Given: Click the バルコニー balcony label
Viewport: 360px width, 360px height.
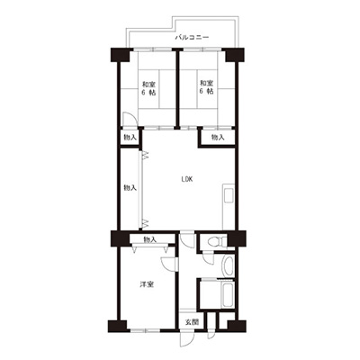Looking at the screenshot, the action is pyautogui.click(x=192, y=38).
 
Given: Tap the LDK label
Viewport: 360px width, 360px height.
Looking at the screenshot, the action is pyautogui.click(x=187, y=179).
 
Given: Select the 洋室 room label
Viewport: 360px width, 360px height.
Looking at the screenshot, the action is pyautogui.click(x=147, y=284).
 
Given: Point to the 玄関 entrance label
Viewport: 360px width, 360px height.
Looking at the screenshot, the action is pyautogui.click(x=192, y=322).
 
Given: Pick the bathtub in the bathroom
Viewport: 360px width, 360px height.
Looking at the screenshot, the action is pyautogui.click(x=228, y=293).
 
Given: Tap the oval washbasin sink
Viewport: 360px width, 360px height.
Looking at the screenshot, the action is pyautogui.click(x=228, y=265).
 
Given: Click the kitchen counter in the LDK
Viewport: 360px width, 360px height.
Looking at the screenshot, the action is pyautogui.click(x=228, y=208).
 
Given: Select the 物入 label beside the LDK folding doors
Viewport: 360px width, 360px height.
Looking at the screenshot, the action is pyautogui.click(x=130, y=188).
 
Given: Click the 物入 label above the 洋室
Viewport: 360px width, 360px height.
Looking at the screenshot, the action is pyautogui.click(x=150, y=239).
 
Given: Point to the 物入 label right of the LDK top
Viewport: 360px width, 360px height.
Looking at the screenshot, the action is pyautogui.click(x=218, y=138).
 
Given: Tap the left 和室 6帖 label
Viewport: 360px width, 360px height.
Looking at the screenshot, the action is pyautogui.click(x=148, y=88).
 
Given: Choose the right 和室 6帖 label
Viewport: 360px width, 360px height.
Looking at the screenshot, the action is pyautogui.click(x=207, y=87).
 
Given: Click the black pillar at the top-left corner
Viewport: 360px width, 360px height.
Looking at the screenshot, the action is pyautogui.click(x=120, y=55).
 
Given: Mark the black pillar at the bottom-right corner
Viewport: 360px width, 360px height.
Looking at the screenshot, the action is pyautogui.click(x=237, y=326).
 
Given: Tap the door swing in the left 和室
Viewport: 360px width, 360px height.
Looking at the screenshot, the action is pyautogui.click(x=130, y=120).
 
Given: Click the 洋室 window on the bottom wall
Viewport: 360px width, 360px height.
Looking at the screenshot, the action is pyautogui.click(x=145, y=330).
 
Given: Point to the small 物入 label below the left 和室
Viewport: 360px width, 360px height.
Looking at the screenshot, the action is pyautogui.click(x=130, y=138).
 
